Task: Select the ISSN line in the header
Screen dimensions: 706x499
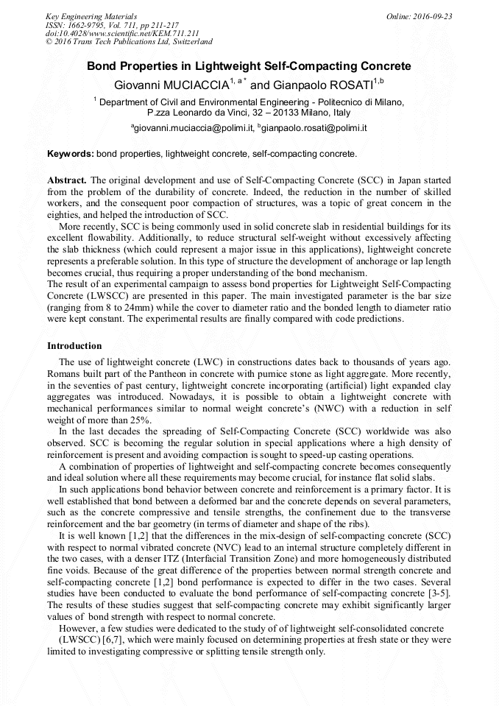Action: point(106,24)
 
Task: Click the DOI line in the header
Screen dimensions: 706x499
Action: point(111,33)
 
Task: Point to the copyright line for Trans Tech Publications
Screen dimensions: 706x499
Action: point(129,42)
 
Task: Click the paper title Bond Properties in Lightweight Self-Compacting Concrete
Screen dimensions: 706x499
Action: point(249,66)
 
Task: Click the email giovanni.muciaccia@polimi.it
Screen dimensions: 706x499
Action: point(192,128)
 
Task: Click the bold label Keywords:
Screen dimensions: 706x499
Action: point(70,154)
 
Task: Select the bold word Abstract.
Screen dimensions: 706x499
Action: point(67,180)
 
